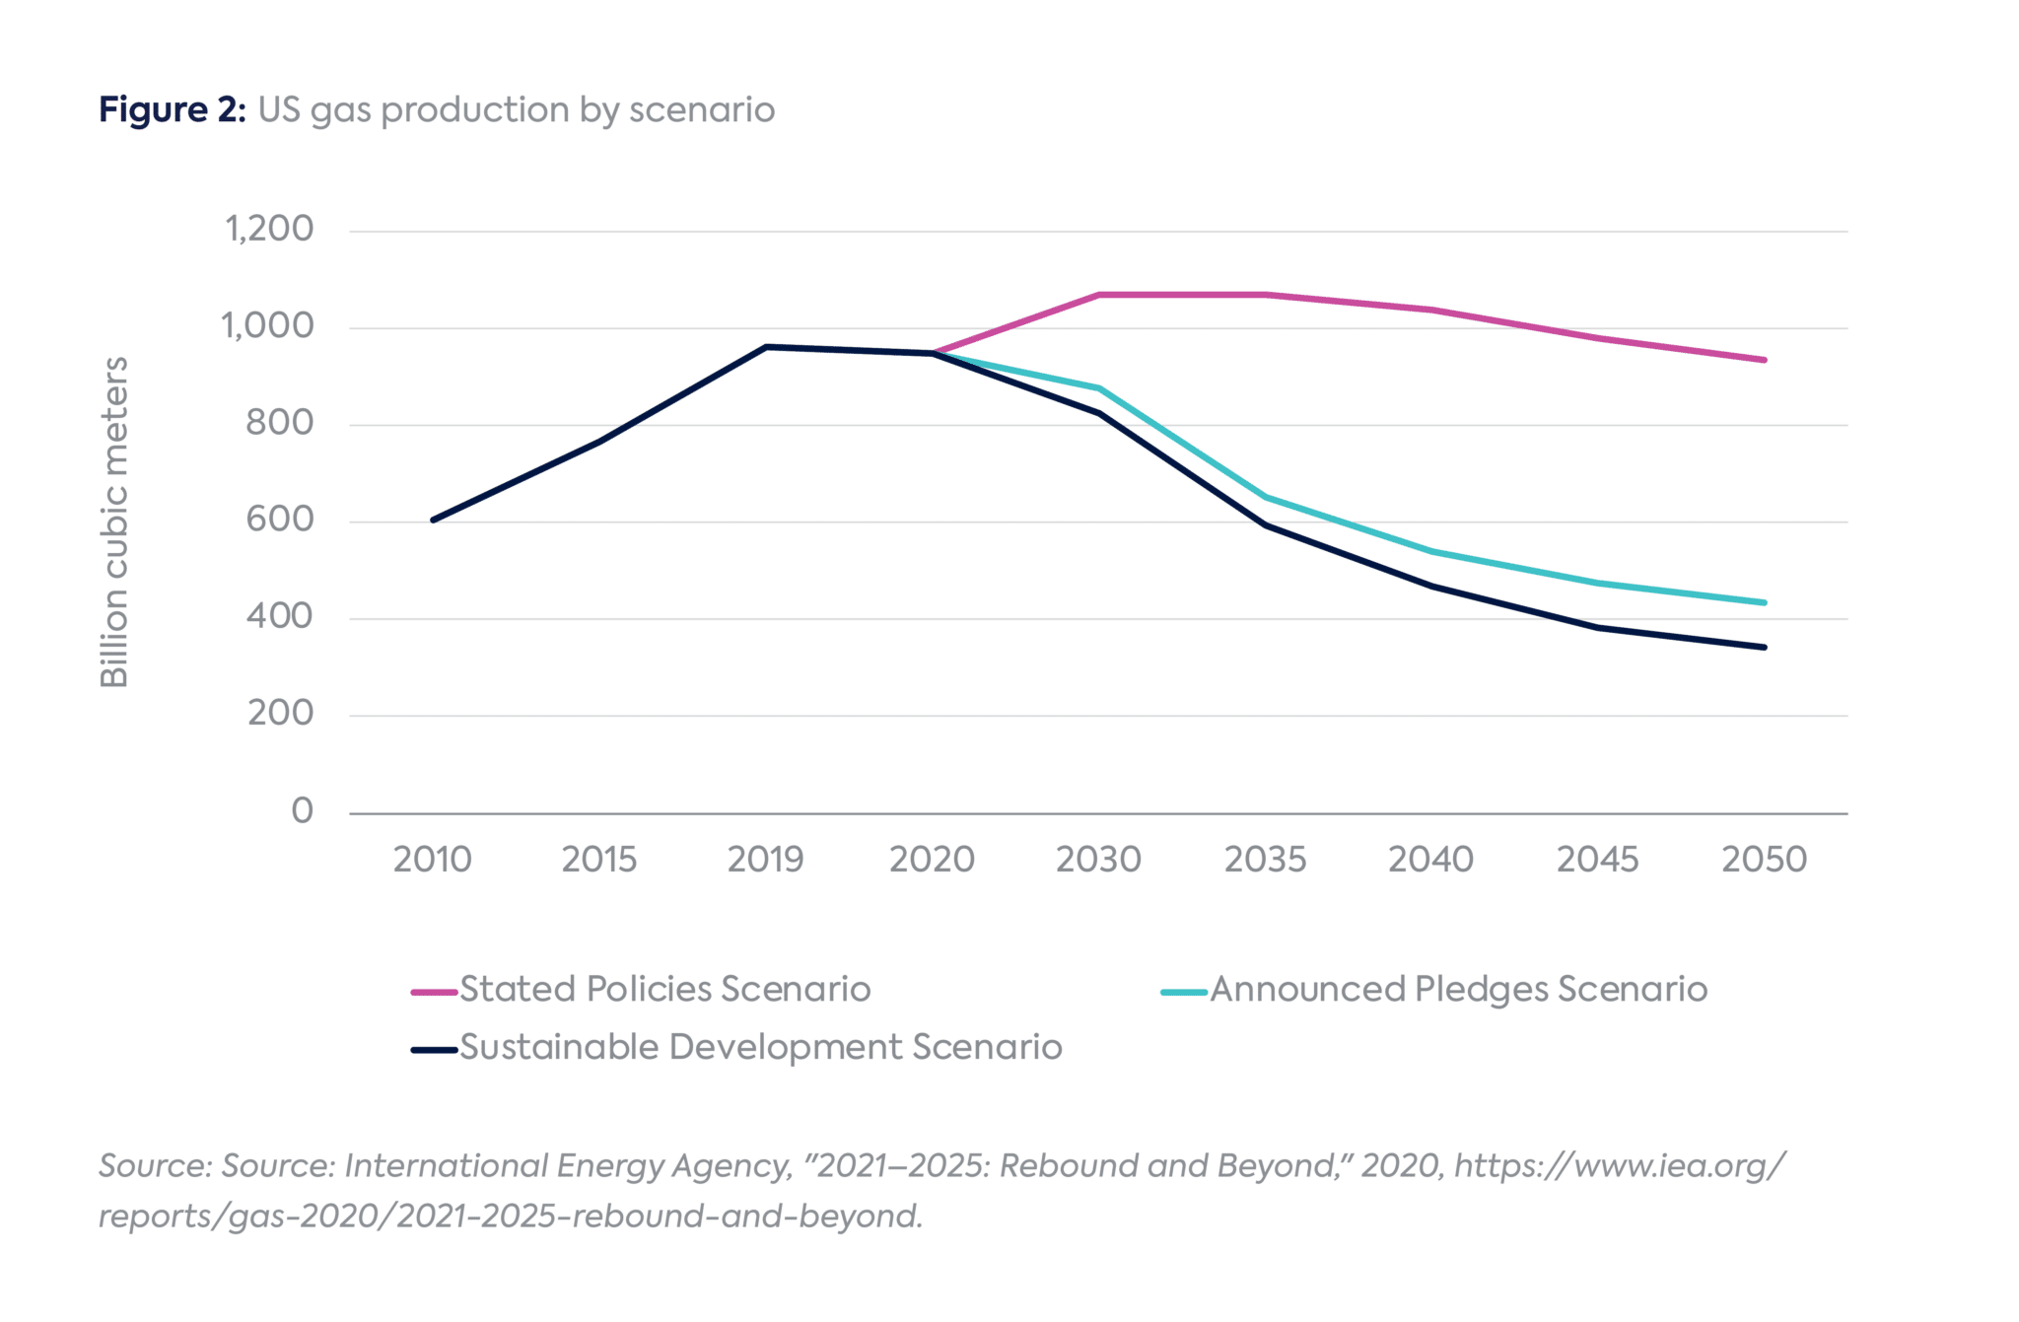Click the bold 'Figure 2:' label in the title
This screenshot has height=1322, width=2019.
tap(172, 109)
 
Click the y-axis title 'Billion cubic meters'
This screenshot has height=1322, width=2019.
tap(114, 522)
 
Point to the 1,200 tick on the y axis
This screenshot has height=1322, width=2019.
tap(269, 229)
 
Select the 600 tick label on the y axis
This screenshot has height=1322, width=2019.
tap(279, 520)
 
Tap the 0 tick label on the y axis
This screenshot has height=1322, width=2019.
tap(302, 811)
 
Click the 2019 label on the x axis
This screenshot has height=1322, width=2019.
tap(765, 860)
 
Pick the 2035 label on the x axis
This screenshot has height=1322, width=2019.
tap(1265, 860)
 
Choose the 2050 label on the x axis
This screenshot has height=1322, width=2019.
tap(1764, 860)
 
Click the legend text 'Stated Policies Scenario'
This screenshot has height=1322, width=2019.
tap(665, 989)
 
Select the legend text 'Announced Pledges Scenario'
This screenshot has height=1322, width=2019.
tap(1458, 989)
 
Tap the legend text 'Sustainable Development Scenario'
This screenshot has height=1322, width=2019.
tap(761, 1047)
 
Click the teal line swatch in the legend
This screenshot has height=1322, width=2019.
tap(1184, 992)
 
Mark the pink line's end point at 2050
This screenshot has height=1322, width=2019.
tap(1764, 360)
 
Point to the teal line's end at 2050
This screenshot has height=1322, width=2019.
tap(1764, 602)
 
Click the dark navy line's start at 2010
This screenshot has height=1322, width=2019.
tap(434, 520)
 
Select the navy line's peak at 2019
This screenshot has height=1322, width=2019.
tap(766, 347)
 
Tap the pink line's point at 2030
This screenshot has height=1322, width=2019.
tap(1098, 295)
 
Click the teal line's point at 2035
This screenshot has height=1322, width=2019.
tap(1265, 497)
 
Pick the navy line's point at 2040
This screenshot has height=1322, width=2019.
tap(1431, 587)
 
